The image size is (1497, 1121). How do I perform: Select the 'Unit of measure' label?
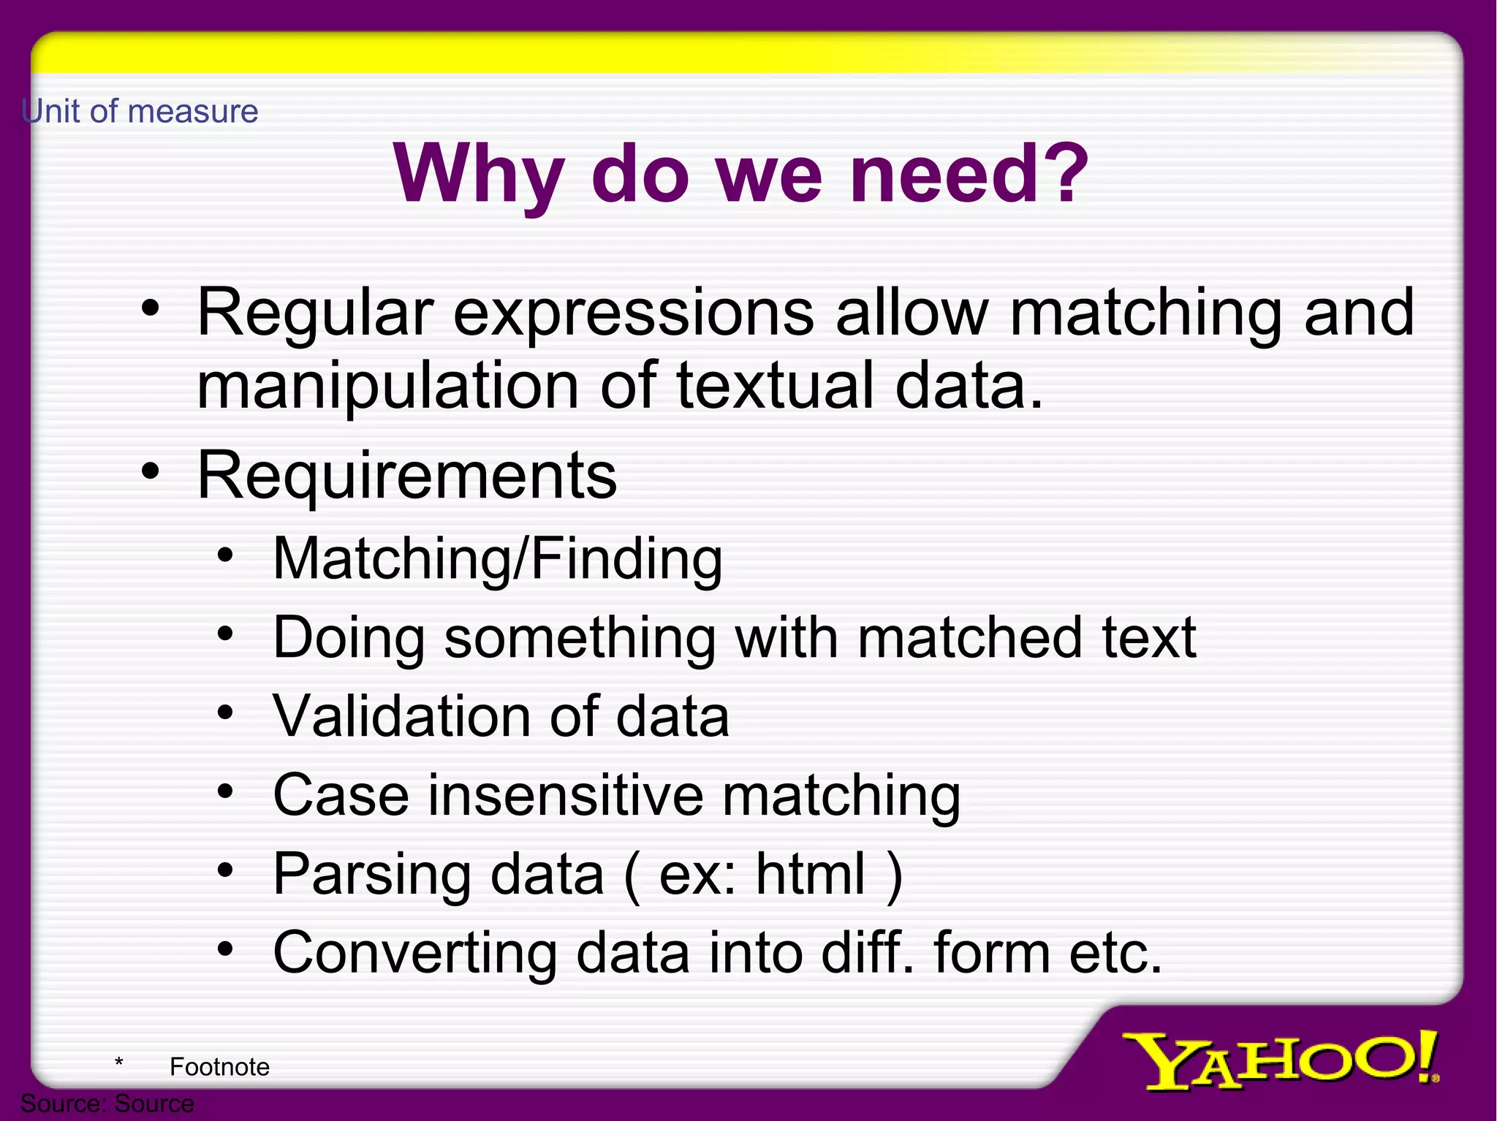point(140,112)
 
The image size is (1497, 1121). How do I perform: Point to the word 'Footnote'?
point(219,1067)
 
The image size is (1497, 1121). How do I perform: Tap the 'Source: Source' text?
point(107,1103)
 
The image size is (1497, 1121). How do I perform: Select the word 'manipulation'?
point(388,387)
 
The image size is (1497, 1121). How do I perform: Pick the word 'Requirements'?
point(407,476)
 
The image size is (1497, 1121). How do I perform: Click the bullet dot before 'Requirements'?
point(150,471)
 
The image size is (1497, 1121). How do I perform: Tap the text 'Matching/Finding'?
point(497,559)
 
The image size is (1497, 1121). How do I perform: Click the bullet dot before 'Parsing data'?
point(225,870)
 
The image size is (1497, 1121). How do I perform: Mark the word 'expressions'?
point(633,314)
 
